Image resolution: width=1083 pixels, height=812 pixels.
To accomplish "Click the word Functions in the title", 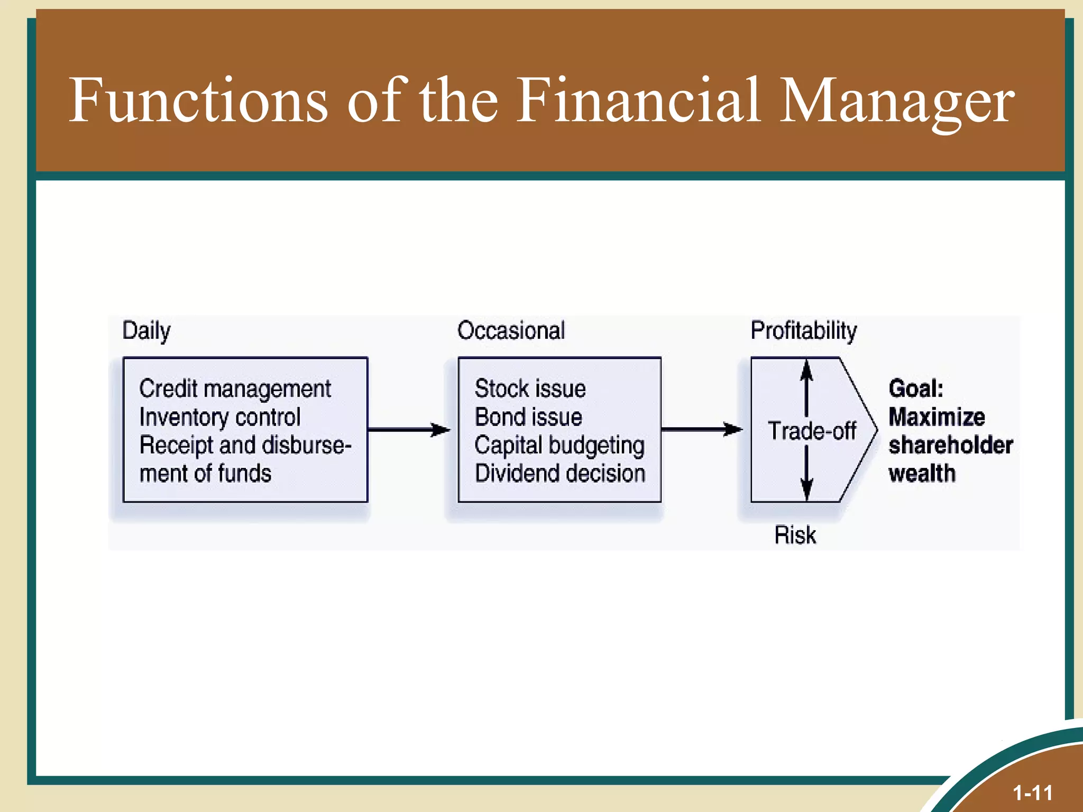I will click(198, 100).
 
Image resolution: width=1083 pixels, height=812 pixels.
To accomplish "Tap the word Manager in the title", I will click(896, 100).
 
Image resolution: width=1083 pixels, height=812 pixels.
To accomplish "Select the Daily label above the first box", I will click(146, 331).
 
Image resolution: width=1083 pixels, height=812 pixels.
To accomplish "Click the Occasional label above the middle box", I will click(511, 331).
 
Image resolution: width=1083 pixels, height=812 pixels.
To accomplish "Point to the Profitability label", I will click(803, 331).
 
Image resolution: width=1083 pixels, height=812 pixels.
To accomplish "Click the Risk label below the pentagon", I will click(795, 535).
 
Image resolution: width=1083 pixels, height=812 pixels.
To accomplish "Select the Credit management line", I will click(235, 389).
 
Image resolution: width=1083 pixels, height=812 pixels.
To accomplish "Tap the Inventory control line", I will click(219, 417).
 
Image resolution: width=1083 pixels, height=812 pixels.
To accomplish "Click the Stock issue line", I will click(530, 389).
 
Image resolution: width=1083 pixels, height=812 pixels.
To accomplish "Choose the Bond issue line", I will click(528, 417).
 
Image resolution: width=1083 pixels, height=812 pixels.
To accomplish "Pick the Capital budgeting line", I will click(559, 446).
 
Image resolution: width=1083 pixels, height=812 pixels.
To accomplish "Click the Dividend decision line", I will click(560, 473).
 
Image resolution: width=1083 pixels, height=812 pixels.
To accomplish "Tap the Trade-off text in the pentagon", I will click(812, 431).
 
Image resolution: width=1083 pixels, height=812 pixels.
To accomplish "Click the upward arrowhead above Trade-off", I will click(806, 370).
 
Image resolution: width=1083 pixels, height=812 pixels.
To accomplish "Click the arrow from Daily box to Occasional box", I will click(409, 430).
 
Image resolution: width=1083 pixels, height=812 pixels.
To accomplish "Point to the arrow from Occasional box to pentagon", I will click(702, 429).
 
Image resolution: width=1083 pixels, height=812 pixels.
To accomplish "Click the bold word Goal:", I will click(916, 389).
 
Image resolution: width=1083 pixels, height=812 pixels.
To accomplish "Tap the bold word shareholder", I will click(950, 445).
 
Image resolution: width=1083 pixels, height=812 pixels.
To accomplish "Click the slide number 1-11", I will click(1032, 793).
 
